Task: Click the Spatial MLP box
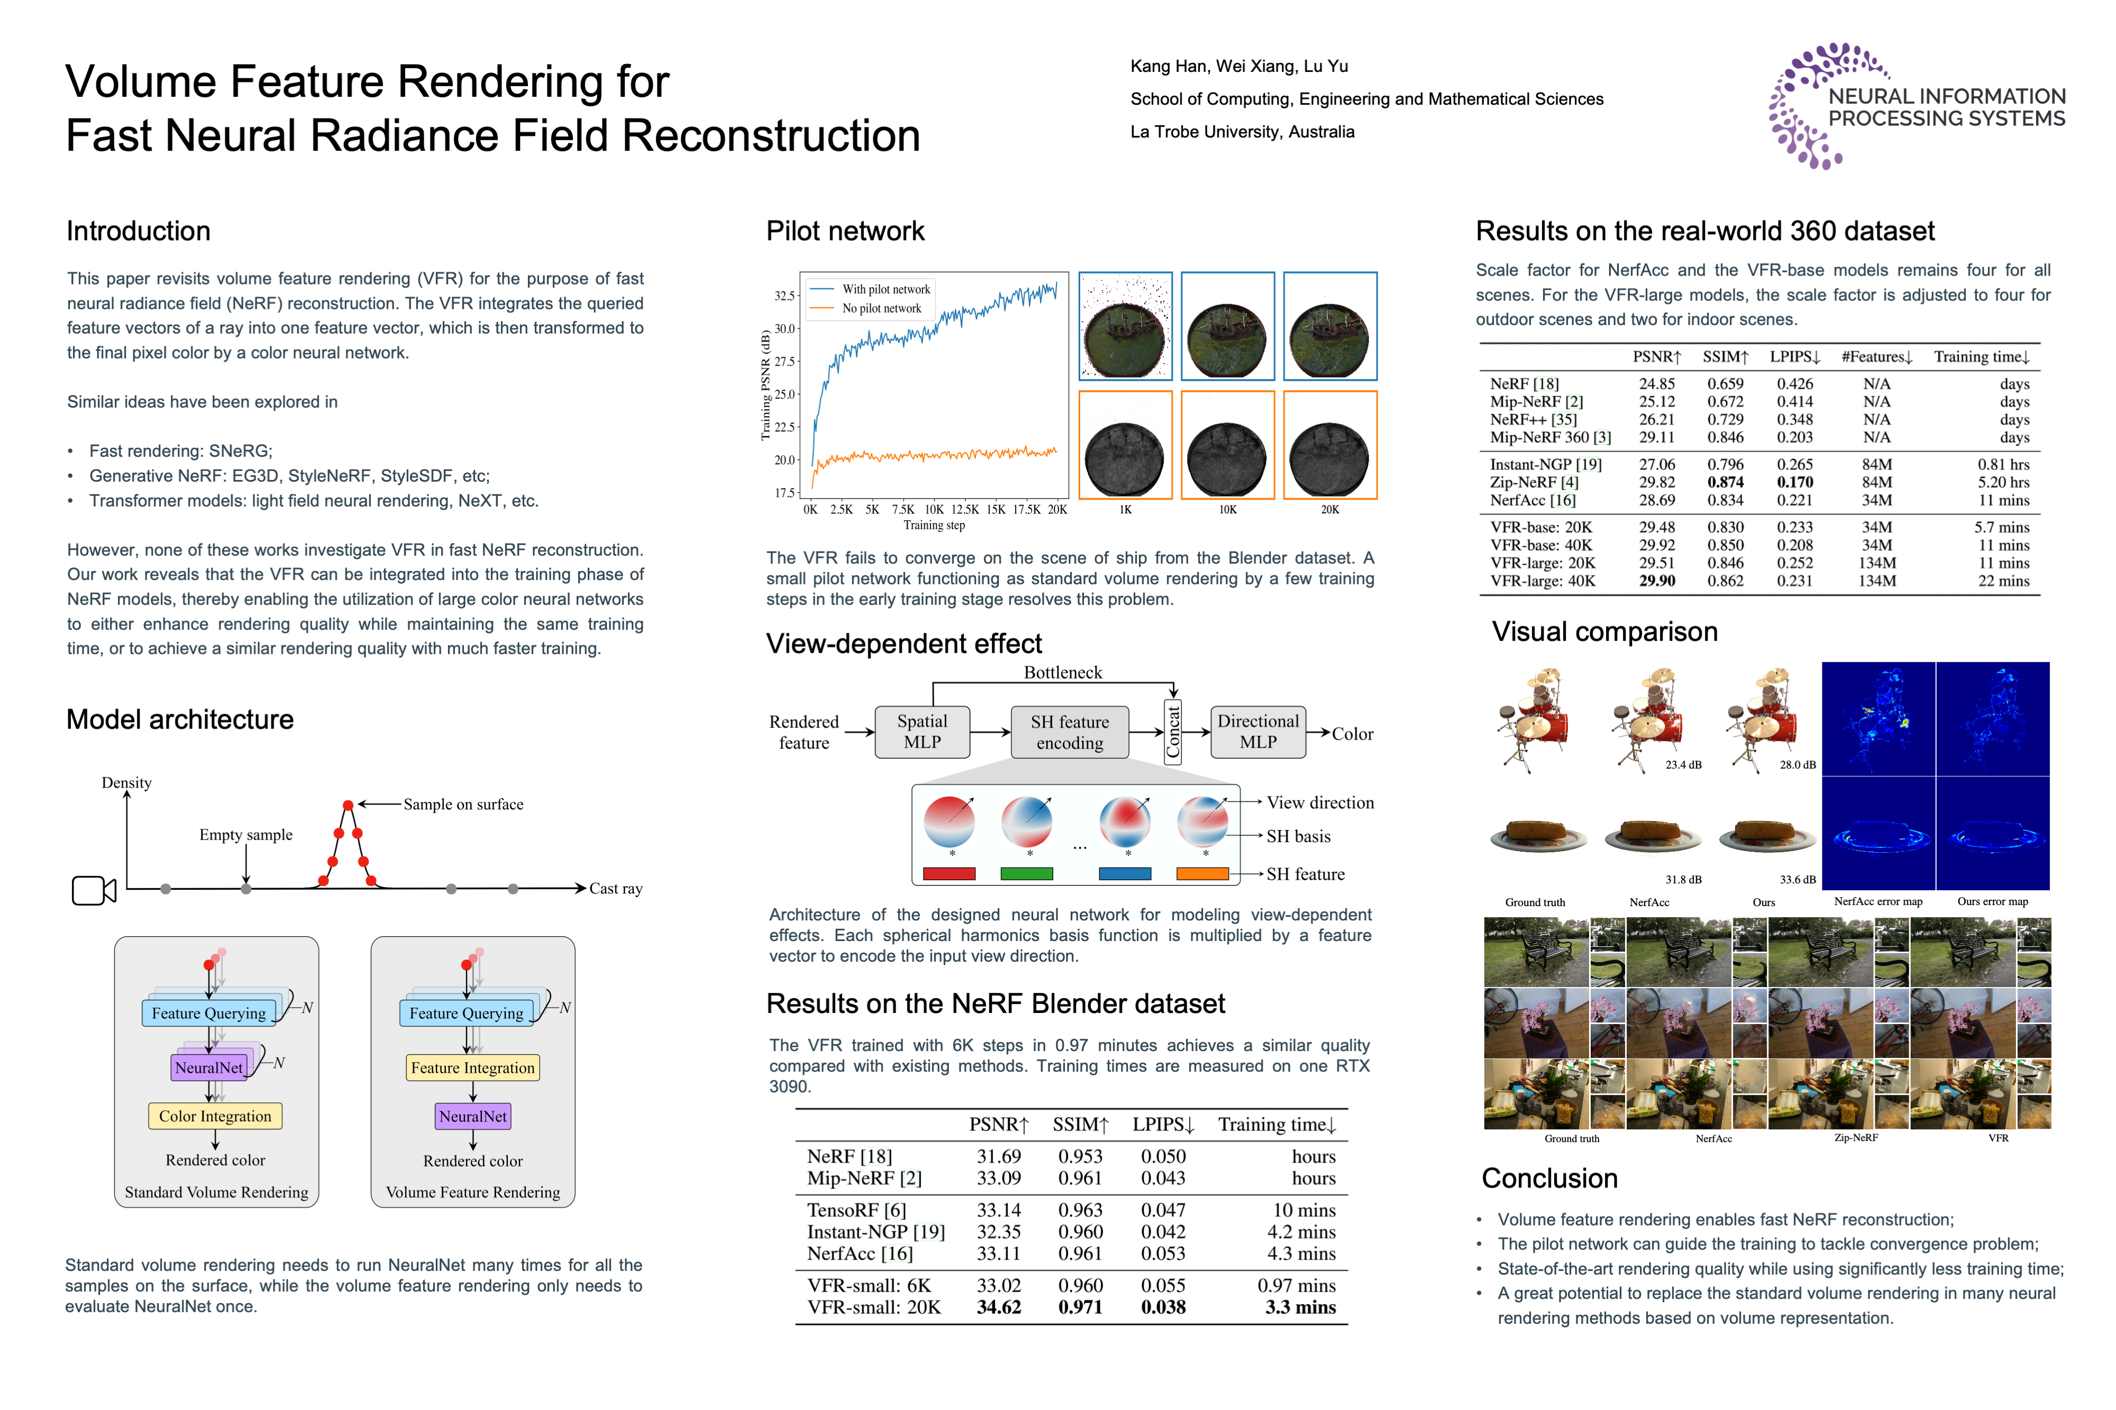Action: coord(922,732)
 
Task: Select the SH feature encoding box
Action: coord(1070,732)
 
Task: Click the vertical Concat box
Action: coord(1172,732)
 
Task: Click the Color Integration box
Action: coord(215,1116)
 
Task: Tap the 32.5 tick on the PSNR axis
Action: coord(785,296)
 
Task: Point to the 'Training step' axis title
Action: coord(934,525)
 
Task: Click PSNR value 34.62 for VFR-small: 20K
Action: coord(999,1307)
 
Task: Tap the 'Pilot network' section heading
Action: coord(845,231)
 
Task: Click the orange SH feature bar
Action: coord(1202,873)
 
